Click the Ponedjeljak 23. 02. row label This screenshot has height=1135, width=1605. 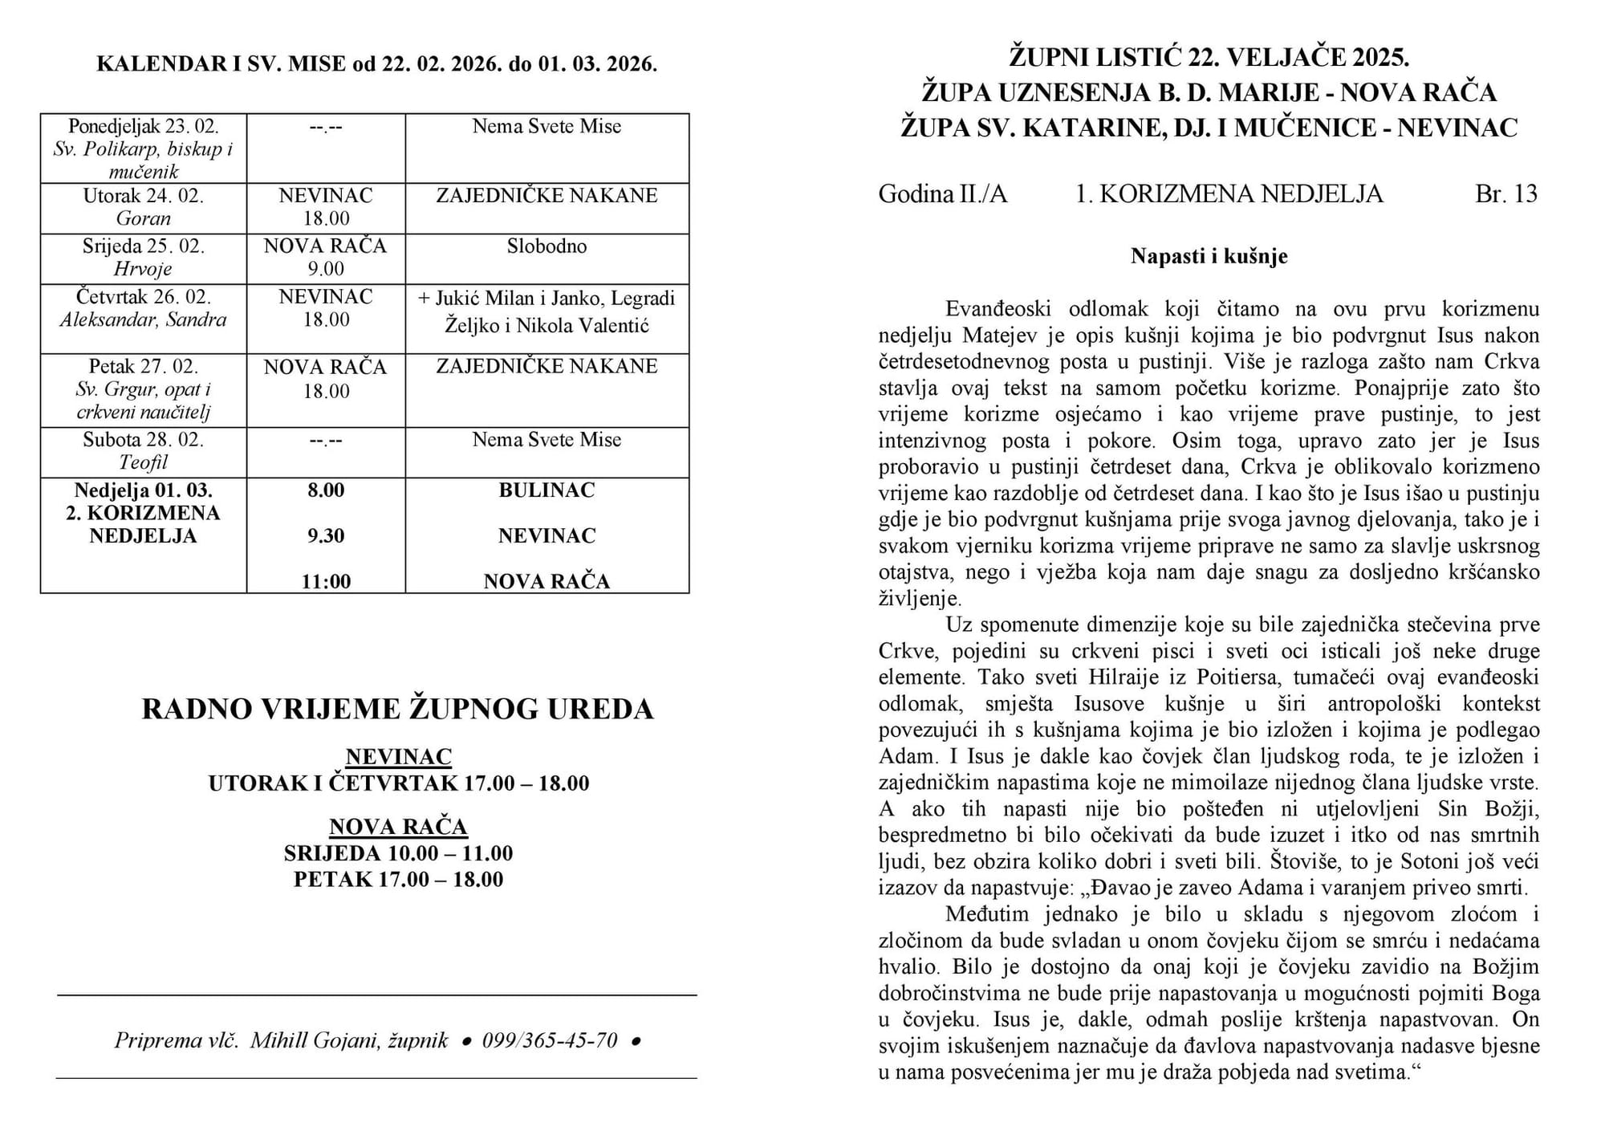click(x=144, y=127)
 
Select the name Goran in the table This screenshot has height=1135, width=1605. click(x=144, y=218)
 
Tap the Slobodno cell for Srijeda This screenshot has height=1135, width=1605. click(x=547, y=246)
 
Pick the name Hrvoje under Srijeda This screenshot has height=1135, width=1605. click(x=144, y=269)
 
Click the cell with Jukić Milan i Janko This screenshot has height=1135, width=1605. click(x=547, y=311)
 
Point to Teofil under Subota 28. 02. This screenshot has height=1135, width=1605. click(x=144, y=462)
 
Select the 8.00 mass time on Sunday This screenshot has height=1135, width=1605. click(x=326, y=490)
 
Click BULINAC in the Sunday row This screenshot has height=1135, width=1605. click(x=547, y=490)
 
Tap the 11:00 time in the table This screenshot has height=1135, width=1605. click(x=326, y=581)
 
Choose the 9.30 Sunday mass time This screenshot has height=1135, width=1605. click(x=326, y=536)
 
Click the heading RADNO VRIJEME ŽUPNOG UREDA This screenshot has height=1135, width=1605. click(x=398, y=710)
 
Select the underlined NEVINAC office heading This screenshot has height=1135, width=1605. click(x=398, y=757)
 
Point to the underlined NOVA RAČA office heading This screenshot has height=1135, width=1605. click(x=398, y=827)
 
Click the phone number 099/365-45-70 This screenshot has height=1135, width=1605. click(x=550, y=1041)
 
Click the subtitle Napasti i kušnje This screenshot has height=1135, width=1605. click(x=1209, y=256)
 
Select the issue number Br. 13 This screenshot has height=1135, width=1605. click(x=1505, y=194)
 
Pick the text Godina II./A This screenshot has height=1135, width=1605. click(x=943, y=194)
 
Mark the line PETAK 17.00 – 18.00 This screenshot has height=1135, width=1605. click(x=398, y=880)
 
